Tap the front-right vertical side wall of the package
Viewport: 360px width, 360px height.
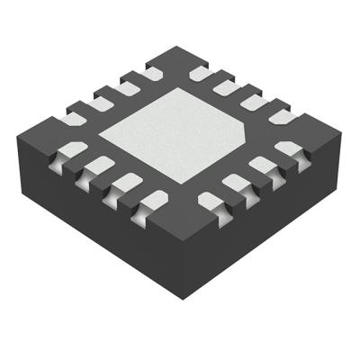pyautogui.click(x=261, y=225)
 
